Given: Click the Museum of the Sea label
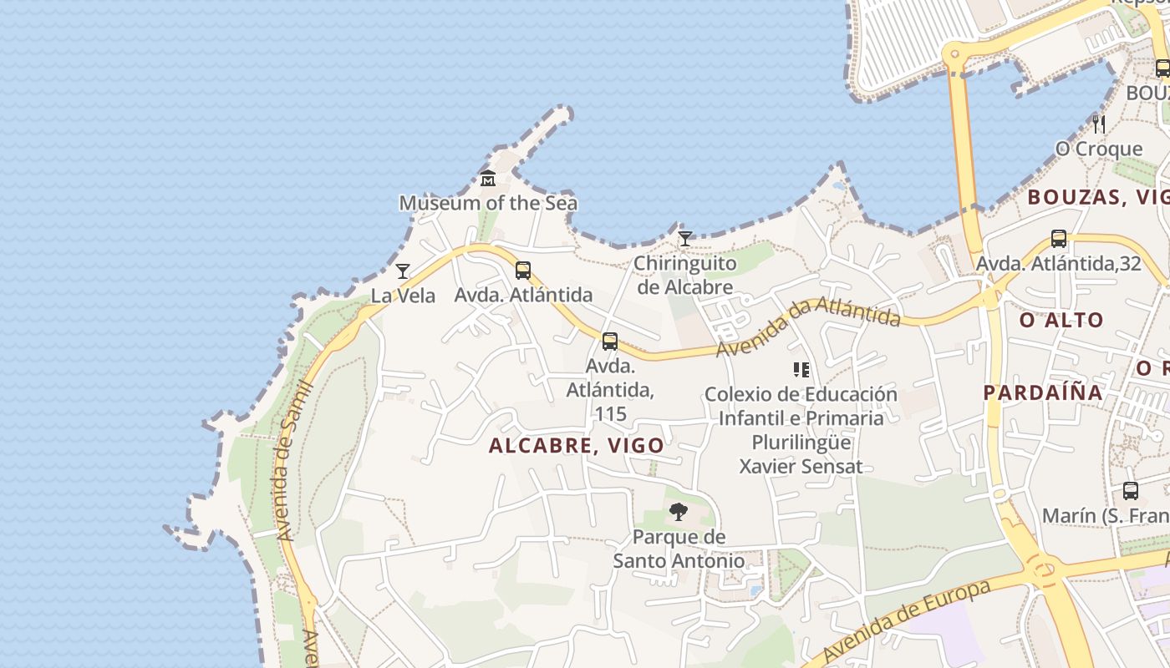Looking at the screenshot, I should (x=488, y=203).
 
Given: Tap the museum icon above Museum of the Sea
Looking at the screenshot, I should (x=488, y=178).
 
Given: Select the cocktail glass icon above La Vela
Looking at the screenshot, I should (x=403, y=271).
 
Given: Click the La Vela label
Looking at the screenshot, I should (x=403, y=295).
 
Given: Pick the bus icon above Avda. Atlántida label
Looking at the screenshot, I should (x=523, y=271).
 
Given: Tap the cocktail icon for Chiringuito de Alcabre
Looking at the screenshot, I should (x=685, y=239).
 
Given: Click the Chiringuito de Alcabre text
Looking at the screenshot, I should (x=685, y=276).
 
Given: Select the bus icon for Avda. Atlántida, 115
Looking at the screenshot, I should (x=610, y=341).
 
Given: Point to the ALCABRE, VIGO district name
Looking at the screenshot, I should (x=577, y=445).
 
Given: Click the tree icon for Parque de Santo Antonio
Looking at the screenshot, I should (x=679, y=512).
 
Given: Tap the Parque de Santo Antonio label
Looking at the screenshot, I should (x=679, y=549).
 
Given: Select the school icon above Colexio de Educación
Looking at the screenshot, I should (x=801, y=369).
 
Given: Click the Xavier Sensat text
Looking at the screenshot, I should (x=801, y=466).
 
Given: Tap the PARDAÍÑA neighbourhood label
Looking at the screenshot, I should (x=1043, y=392).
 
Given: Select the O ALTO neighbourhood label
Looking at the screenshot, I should (x=1061, y=320).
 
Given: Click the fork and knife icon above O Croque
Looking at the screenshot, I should (x=1099, y=124).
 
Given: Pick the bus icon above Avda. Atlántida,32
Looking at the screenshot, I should (x=1059, y=239).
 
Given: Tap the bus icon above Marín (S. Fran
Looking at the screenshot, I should (x=1131, y=491).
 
